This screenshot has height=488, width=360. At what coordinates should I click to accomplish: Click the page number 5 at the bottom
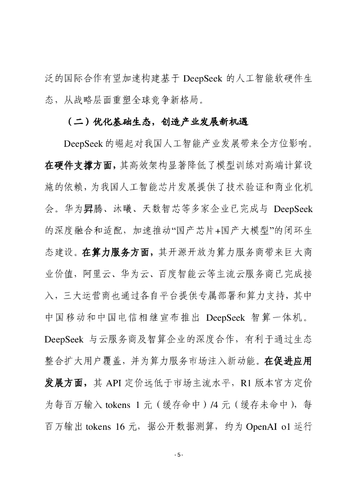point(179,455)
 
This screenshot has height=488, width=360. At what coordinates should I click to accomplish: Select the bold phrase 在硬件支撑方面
point(79,165)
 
